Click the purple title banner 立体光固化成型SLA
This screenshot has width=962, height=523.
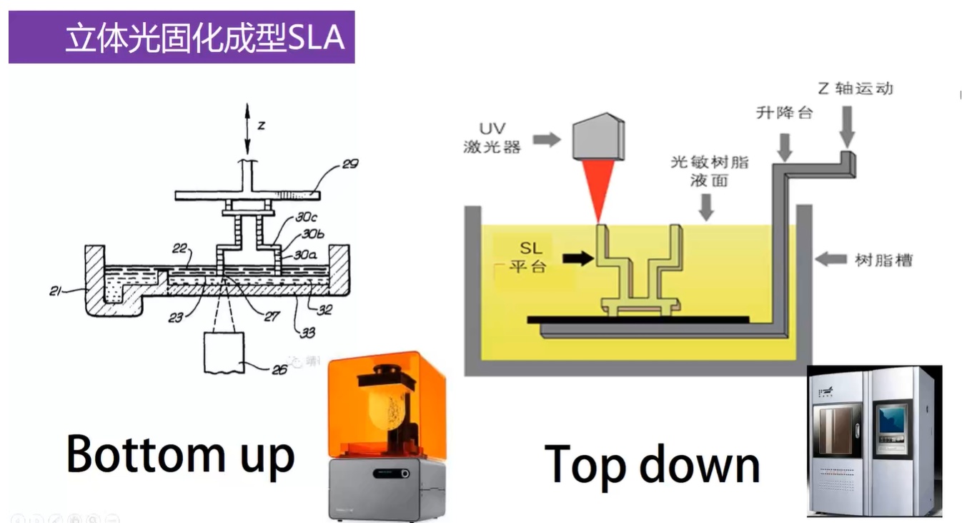point(182,37)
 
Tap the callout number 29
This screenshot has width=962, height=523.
point(349,165)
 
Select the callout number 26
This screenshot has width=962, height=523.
point(279,369)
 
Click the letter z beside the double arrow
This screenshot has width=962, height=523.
point(262,125)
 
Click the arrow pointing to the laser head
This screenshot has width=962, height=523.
point(547,139)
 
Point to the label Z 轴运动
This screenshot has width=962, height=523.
point(855,89)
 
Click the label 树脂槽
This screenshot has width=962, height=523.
point(883,259)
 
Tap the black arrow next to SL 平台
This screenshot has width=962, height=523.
point(578,258)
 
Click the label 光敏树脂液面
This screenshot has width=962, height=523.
point(709,171)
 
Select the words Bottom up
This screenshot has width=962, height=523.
point(180,454)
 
